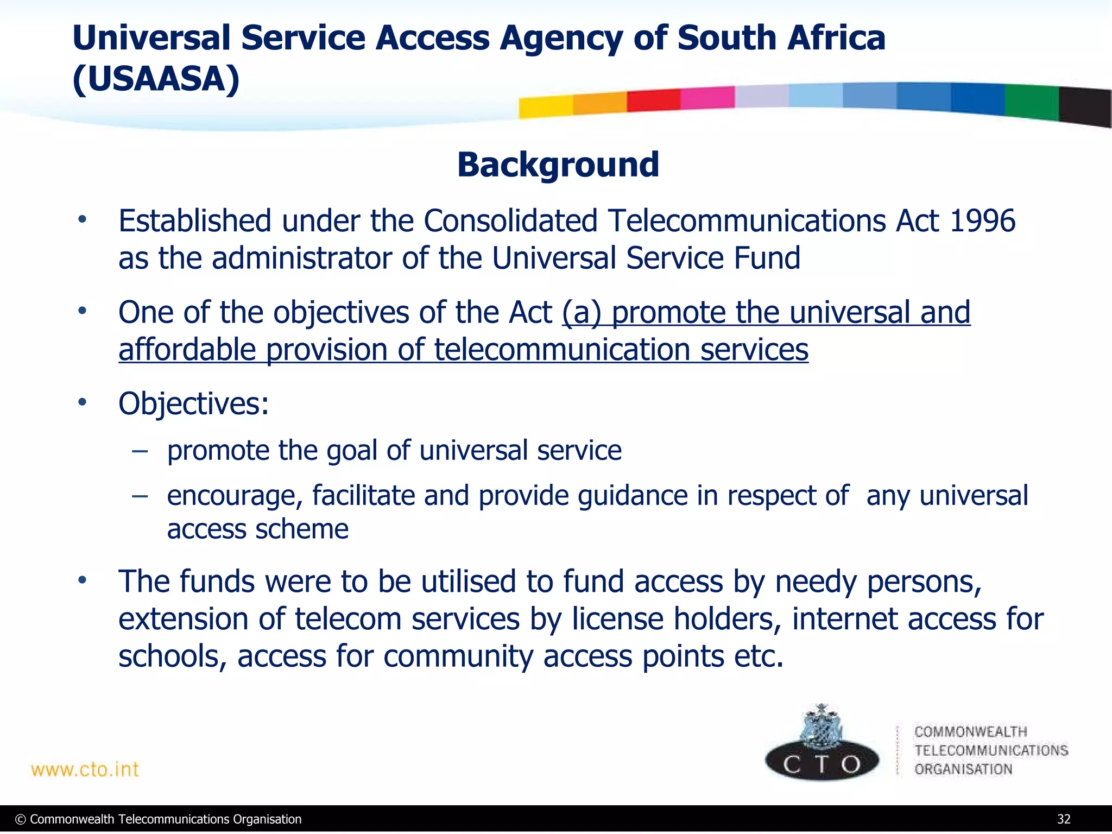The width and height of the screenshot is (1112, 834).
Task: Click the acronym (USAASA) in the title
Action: tap(156, 80)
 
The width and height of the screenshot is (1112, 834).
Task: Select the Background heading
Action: tap(558, 165)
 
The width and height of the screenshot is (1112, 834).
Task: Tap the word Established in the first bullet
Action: tap(195, 221)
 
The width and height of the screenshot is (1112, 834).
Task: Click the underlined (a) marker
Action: tap(582, 313)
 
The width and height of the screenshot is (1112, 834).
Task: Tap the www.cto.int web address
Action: tap(85, 769)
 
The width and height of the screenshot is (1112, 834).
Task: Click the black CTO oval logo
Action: tap(822, 762)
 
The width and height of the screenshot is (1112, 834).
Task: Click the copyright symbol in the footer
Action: tap(21, 819)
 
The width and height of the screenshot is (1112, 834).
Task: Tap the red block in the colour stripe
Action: tap(653, 100)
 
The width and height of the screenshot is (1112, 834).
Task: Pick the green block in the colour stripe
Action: tap(1031, 102)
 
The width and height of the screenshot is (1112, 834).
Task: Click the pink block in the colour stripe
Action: tap(707, 98)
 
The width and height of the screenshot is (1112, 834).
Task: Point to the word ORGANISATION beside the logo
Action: tap(963, 769)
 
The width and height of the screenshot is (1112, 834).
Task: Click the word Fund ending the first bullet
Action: tap(767, 258)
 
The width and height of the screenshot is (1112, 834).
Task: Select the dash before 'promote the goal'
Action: tap(140, 451)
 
